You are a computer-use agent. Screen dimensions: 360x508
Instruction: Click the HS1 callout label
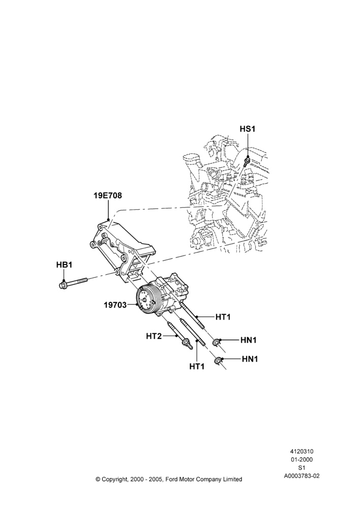[248, 129]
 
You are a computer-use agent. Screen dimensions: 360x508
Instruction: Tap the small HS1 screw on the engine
[247, 161]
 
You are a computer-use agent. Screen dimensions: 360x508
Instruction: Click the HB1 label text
[64, 265]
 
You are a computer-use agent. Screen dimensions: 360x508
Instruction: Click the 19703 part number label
[115, 305]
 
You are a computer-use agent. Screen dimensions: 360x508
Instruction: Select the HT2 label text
[154, 336]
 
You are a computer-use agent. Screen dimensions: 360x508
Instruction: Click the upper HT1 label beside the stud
[223, 317]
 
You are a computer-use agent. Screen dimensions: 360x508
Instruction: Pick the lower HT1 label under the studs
[197, 366]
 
